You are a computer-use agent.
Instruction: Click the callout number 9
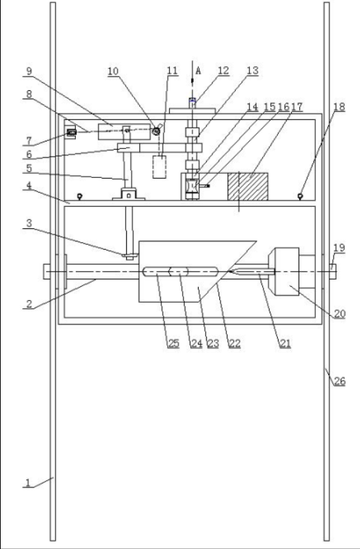(29, 71)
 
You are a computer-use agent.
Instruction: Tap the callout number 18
(339, 107)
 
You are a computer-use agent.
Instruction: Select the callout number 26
(339, 381)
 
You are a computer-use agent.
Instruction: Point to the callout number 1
(28, 483)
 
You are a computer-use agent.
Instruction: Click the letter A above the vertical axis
(198, 71)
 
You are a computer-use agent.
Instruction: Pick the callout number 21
(285, 343)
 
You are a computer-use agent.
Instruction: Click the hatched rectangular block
(248, 187)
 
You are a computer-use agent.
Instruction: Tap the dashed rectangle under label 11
(159, 167)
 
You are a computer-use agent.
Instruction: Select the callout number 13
(252, 71)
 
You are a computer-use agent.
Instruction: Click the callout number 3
(29, 223)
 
